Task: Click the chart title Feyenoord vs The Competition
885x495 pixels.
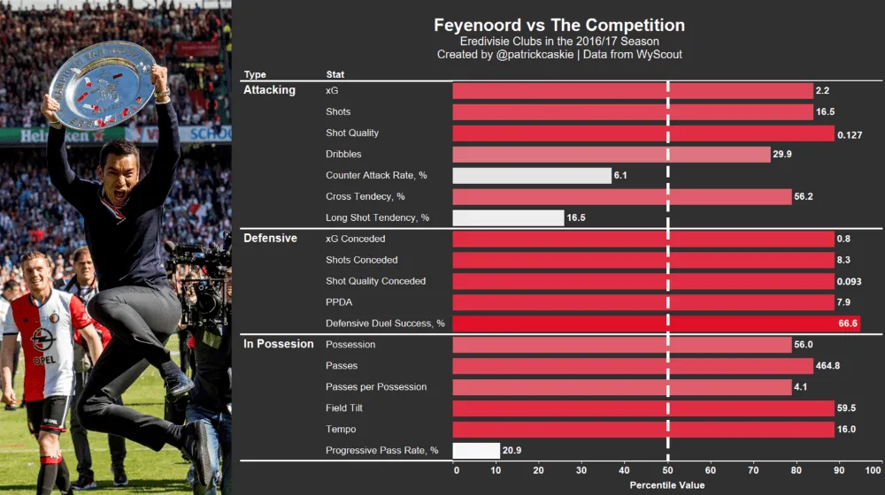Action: point(559,26)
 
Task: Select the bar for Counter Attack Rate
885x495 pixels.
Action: point(532,175)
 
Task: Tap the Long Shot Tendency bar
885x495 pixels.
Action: point(508,217)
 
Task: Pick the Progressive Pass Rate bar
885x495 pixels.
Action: point(476,451)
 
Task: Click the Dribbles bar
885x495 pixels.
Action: point(611,154)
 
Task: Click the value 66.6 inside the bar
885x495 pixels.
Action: point(848,324)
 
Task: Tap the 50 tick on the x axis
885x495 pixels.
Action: point(667,470)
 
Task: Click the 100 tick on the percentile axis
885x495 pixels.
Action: point(873,470)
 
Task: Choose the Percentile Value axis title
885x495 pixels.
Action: point(667,485)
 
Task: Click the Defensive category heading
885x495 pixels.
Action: point(270,239)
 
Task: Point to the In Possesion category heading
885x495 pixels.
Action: point(278,344)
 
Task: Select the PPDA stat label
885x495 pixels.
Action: point(339,302)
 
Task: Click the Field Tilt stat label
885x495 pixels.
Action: point(344,408)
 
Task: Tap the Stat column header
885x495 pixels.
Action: point(335,75)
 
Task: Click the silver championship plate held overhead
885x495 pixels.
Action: point(102,84)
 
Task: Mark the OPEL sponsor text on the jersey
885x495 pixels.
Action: point(44,360)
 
